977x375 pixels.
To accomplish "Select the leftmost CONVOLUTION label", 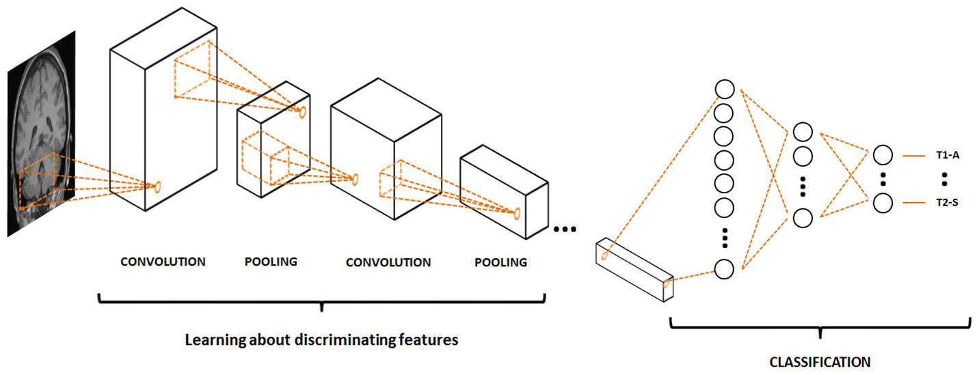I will pyautogui.click(x=163, y=262).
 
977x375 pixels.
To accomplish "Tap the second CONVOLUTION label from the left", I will pyautogui.click(x=388, y=262).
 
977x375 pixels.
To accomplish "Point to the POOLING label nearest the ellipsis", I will pyautogui.click(x=501, y=262).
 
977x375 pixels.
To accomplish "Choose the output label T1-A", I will pyautogui.click(x=948, y=156).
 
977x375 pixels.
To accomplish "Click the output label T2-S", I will pyautogui.click(x=948, y=203).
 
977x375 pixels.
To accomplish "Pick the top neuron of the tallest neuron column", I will pyautogui.click(x=724, y=89).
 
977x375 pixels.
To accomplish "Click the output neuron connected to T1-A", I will pyautogui.click(x=882, y=155).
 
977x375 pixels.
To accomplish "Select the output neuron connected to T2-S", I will pyautogui.click(x=882, y=203).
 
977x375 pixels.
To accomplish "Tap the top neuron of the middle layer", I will pyautogui.click(x=803, y=132).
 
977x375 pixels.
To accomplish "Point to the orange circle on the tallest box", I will pyautogui.click(x=158, y=186).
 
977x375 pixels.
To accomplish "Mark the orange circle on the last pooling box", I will pyautogui.click(x=517, y=214).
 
